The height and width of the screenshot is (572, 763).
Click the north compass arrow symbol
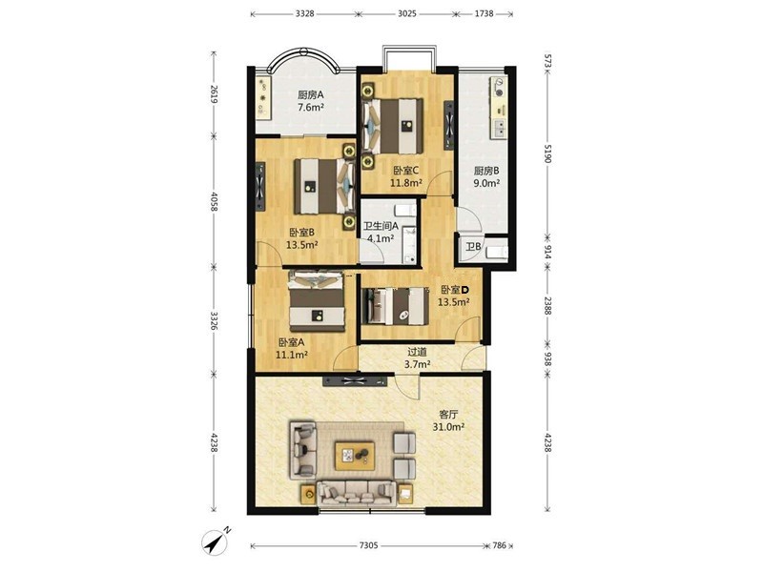point(216,541)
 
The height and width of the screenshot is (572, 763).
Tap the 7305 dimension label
point(368,545)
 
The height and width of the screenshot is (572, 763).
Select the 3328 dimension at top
point(304,13)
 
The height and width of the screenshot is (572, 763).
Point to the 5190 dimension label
point(547,153)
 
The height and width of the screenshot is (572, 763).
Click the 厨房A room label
point(311,94)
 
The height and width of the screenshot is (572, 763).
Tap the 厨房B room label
point(486,171)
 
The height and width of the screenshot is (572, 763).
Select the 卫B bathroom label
point(473,247)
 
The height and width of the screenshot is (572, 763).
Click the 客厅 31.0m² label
point(448,420)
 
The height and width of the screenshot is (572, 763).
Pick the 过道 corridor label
point(417,351)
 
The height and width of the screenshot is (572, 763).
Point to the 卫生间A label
point(381,226)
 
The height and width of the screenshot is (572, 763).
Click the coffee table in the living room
point(355,457)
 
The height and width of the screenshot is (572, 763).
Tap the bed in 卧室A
point(317,301)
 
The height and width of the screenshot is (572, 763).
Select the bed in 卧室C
point(393,126)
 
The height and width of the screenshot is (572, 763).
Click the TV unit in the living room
point(355,380)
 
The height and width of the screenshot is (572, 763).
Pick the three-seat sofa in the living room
point(356,494)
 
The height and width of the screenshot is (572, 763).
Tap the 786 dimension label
point(499,545)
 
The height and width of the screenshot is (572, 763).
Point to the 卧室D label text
point(455,290)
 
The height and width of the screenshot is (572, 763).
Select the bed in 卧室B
point(324,187)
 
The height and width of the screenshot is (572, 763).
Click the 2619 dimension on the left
point(214,94)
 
